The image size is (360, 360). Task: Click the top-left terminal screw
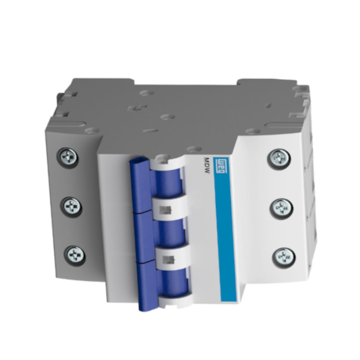(x=68, y=157)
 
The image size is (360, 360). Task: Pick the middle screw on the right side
(x=280, y=207)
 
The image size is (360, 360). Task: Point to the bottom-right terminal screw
(x=281, y=256)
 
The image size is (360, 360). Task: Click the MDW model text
(x=206, y=167)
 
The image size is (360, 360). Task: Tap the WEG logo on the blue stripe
(x=222, y=165)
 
